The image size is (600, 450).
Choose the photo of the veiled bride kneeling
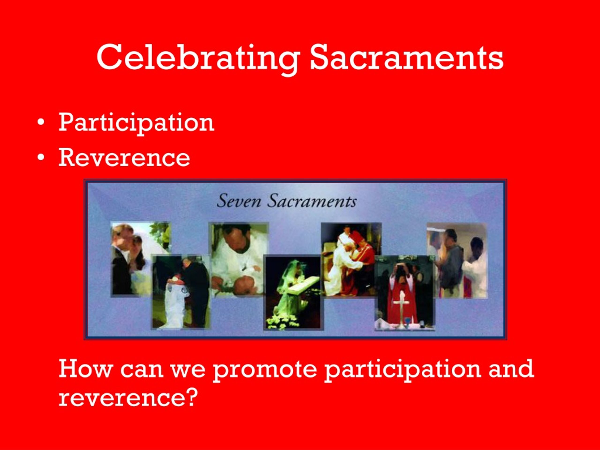(x=293, y=293)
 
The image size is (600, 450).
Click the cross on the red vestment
(x=400, y=312)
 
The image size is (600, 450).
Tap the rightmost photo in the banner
(x=457, y=260)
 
